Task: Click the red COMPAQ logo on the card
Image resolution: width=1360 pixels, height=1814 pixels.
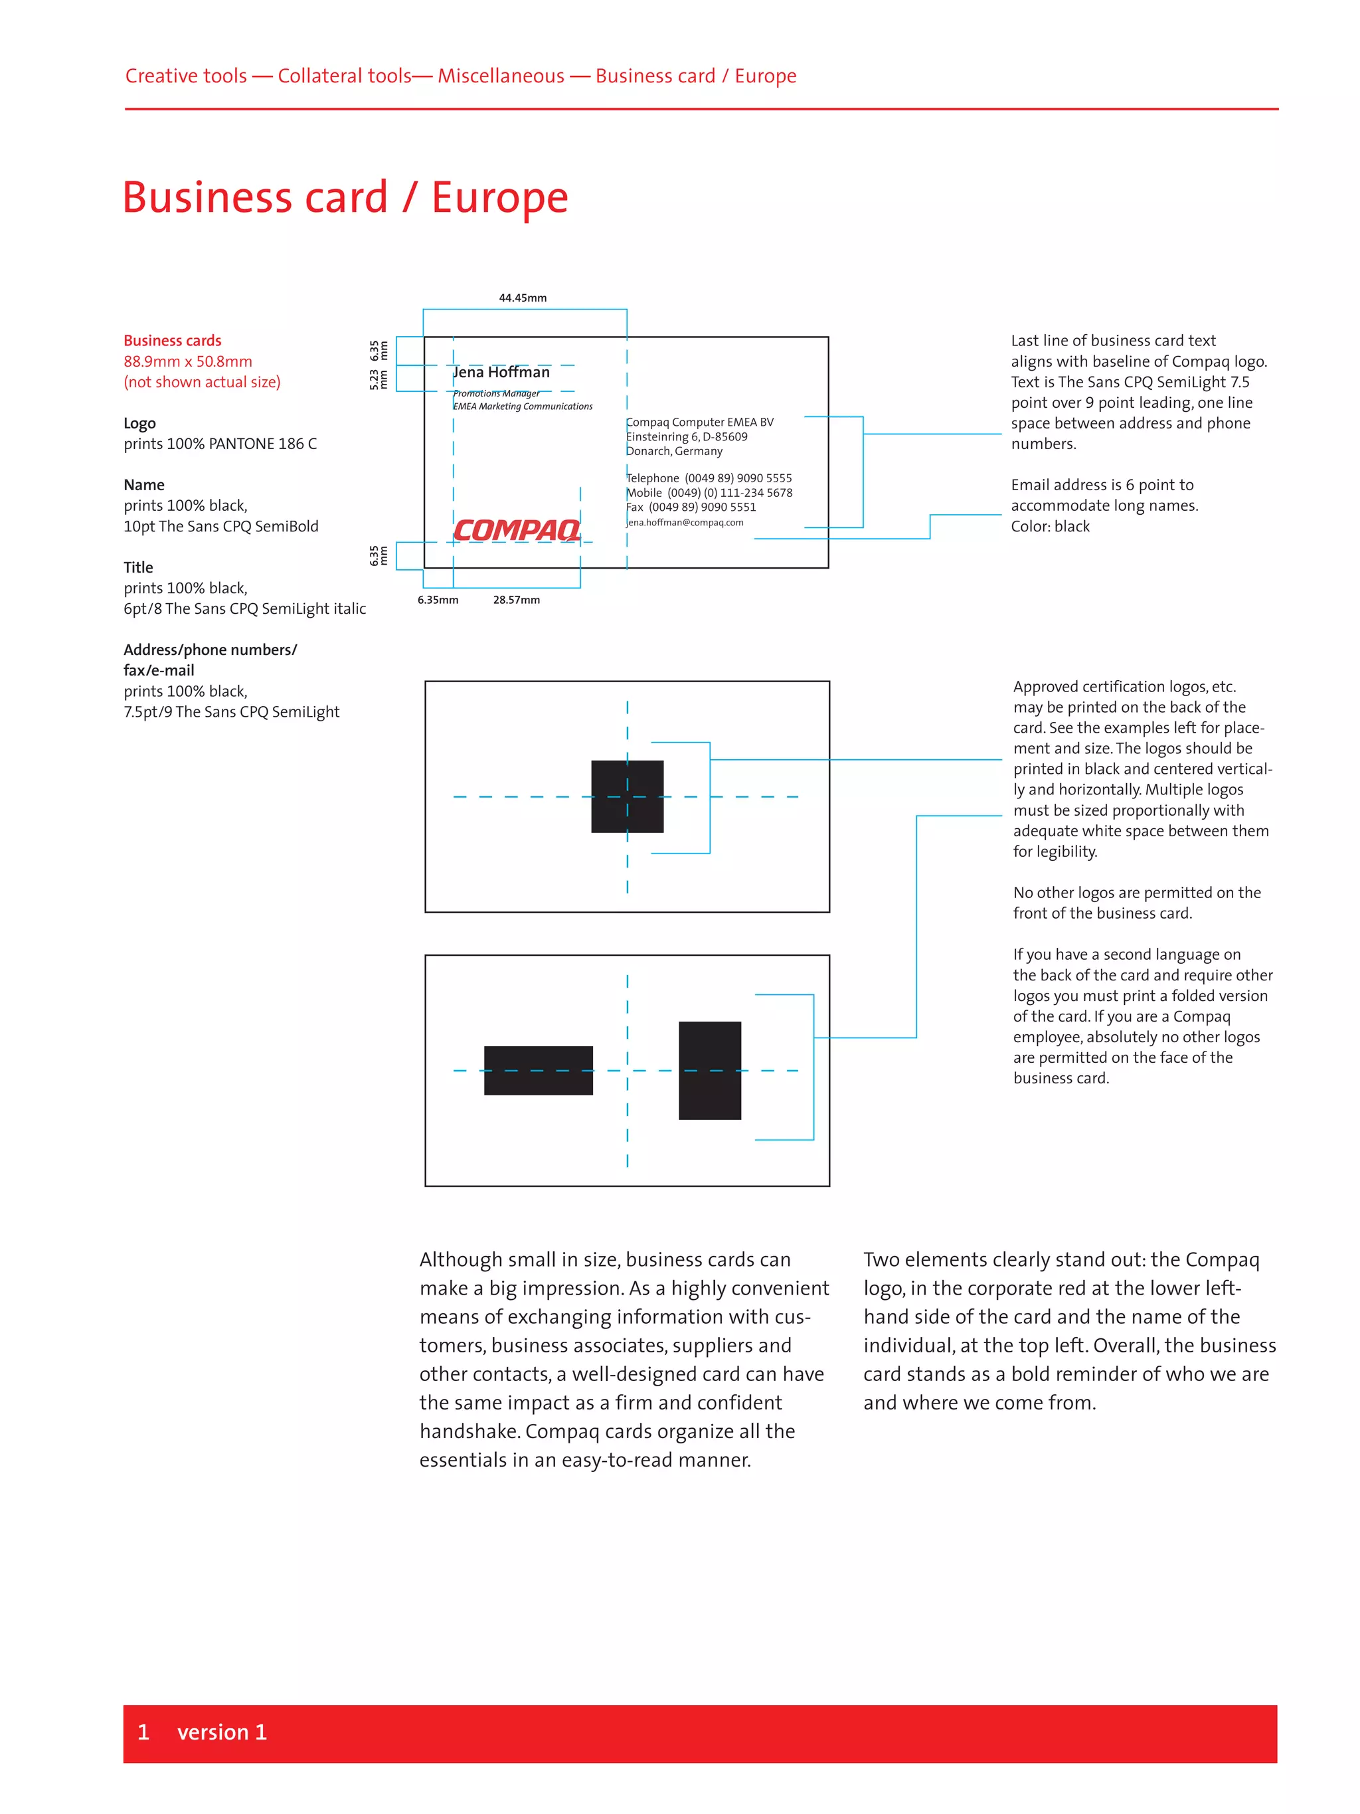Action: click(x=517, y=530)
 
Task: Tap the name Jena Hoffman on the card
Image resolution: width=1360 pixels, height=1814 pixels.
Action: click(x=501, y=373)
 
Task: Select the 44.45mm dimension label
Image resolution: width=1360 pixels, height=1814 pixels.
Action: click(x=522, y=298)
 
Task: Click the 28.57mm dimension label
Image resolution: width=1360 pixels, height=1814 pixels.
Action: click(x=517, y=600)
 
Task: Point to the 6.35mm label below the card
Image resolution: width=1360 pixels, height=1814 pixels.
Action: click(x=438, y=600)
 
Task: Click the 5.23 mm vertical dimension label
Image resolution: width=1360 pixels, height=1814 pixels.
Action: click(x=378, y=379)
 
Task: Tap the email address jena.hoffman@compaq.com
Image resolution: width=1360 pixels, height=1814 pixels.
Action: click(x=685, y=522)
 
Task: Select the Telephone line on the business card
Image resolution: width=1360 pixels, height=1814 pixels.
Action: click(x=709, y=478)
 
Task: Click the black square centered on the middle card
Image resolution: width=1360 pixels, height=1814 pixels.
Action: click(x=627, y=796)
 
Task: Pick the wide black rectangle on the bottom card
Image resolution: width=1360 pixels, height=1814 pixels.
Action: click(x=538, y=1070)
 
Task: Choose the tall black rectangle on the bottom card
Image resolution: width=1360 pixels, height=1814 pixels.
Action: click(x=709, y=1070)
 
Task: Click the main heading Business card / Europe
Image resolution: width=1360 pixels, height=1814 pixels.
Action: click(x=345, y=198)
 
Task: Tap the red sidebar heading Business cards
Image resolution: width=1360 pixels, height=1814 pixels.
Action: click(x=172, y=340)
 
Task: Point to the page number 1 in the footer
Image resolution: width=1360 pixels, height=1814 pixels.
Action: click(x=143, y=1732)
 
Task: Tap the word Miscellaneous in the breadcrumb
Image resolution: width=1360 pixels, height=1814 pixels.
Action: click(x=501, y=76)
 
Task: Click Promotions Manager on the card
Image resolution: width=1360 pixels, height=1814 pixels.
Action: click(x=497, y=394)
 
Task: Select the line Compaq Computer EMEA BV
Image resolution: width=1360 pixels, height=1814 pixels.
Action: click(x=700, y=422)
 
